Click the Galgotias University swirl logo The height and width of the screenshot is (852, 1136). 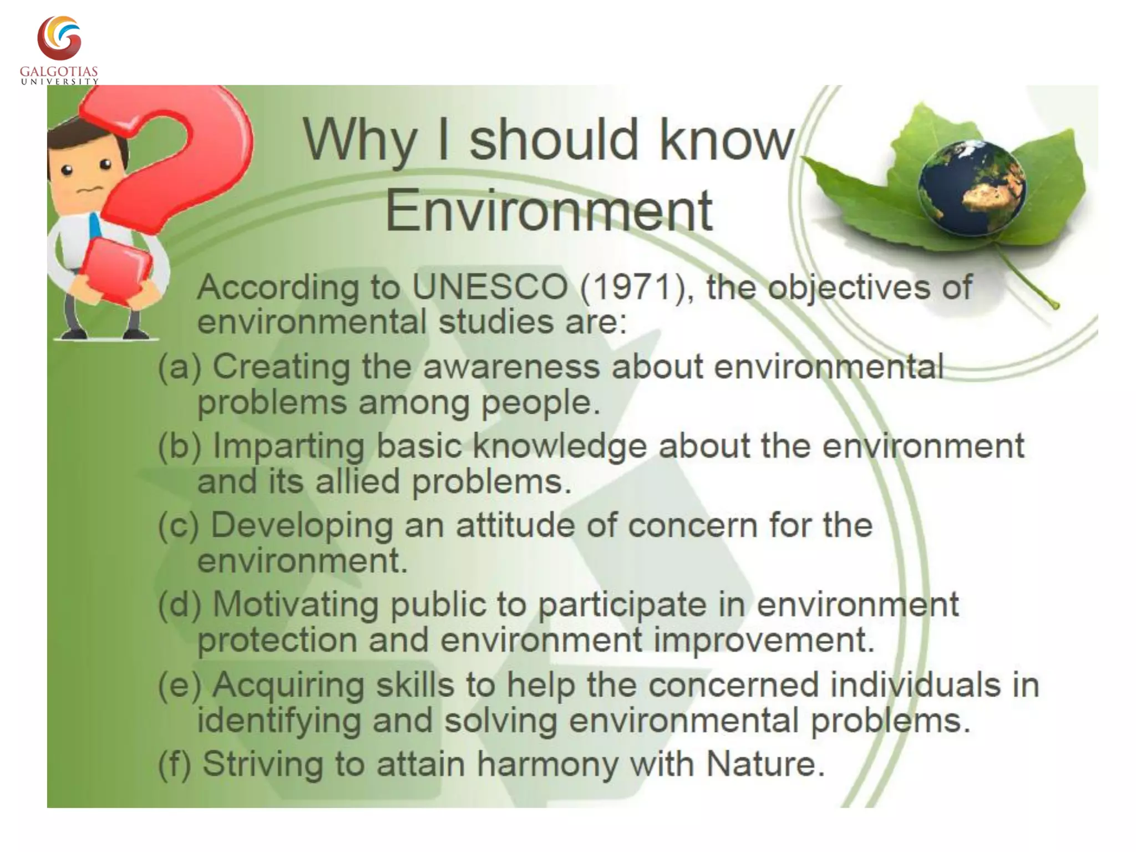pos(59,38)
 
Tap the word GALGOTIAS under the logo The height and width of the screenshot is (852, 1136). pos(59,72)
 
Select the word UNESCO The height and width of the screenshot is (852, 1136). pos(490,287)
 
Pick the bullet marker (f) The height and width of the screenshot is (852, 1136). pos(174,764)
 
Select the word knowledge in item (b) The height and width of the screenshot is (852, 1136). pos(560,446)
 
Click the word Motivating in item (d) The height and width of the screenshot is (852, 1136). pos(296,604)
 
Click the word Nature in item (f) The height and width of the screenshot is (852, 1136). pos(765,764)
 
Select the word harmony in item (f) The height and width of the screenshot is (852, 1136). pos(547,764)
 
